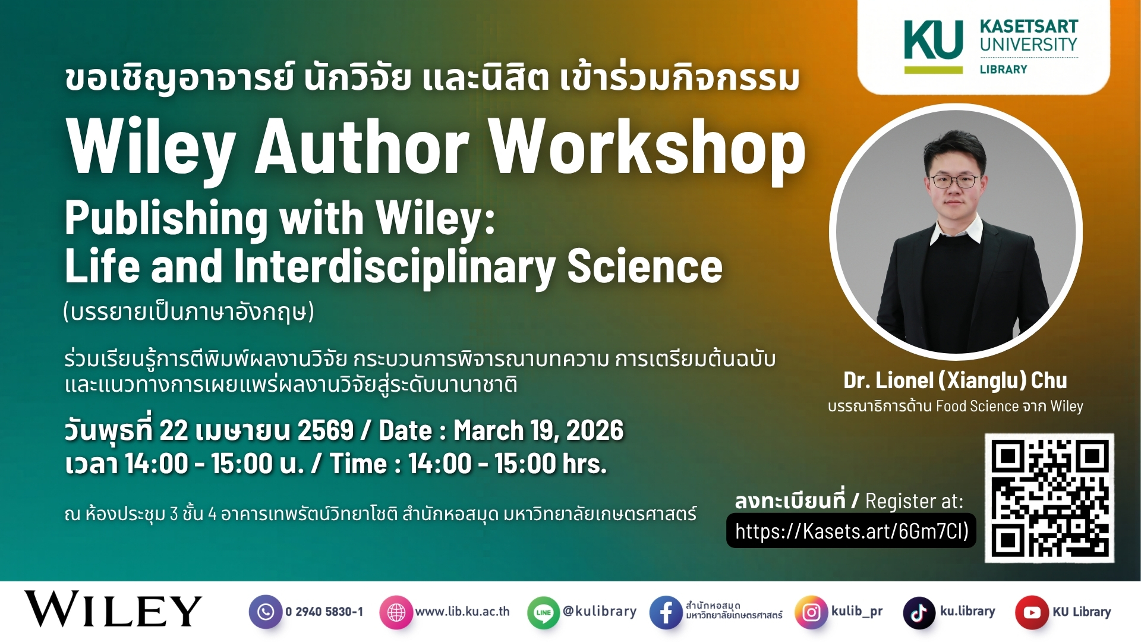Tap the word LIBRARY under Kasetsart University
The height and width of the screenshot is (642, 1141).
tap(1003, 69)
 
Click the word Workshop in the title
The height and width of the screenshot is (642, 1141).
tap(647, 147)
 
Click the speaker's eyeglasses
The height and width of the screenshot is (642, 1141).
tap(953, 181)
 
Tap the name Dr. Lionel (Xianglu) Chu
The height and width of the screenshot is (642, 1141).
tap(955, 380)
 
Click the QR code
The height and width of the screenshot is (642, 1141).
tap(1049, 498)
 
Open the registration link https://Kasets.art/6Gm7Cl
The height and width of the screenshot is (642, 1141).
tap(852, 530)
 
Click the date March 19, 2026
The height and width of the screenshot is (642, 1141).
tap(538, 430)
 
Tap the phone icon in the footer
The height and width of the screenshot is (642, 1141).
tap(266, 612)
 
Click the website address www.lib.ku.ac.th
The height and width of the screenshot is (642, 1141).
tap(462, 611)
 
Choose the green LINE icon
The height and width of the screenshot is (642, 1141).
tap(543, 612)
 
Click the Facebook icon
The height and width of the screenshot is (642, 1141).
tap(666, 612)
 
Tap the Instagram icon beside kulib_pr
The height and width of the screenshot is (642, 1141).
tap(811, 612)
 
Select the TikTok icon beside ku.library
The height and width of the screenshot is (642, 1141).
tap(919, 612)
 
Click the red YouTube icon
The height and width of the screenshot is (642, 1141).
tap(1032, 612)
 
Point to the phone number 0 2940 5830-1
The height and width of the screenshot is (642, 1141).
tap(324, 612)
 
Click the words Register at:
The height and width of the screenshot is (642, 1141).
tap(914, 501)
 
